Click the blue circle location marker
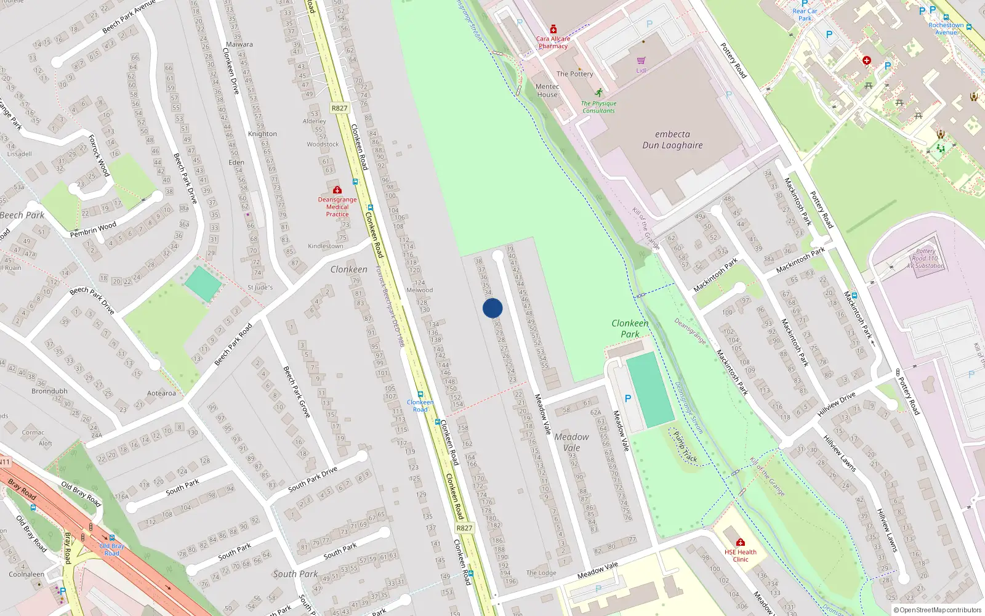pos(492,308)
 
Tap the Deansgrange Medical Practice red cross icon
pos(337,190)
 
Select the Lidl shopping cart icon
pos(641,61)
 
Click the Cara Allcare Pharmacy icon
pos(553,29)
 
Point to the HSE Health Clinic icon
pos(741,543)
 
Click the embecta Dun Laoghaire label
pos(672,140)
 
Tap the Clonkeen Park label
pos(630,328)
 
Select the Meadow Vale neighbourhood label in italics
pos(571,442)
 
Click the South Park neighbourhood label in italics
pos(295,574)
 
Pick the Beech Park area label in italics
pos(22,215)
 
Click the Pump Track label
pos(685,447)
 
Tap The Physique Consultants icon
pos(599,93)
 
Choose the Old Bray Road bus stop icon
pos(112,538)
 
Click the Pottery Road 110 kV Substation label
pos(926,259)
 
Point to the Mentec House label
pos(547,91)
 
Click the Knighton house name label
pos(262,134)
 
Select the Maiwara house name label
pos(239,44)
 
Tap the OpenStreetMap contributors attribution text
pos(938,610)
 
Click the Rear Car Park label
pos(805,15)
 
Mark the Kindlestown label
pos(326,246)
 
